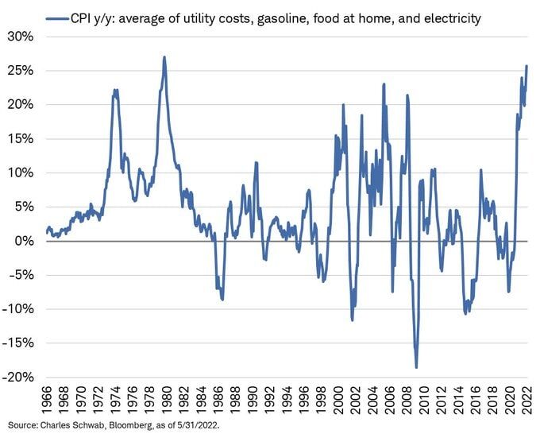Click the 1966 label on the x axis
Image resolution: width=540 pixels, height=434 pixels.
[47, 400]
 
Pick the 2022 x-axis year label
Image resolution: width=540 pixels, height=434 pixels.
[526, 400]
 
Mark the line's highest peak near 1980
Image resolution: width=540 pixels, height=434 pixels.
[164, 56]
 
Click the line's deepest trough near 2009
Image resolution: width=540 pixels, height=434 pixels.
[416, 366]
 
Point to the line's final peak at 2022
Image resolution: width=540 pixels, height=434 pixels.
[527, 66]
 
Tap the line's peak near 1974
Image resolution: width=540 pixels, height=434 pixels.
[115, 90]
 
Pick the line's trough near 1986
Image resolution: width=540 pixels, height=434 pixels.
[222, 299]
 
